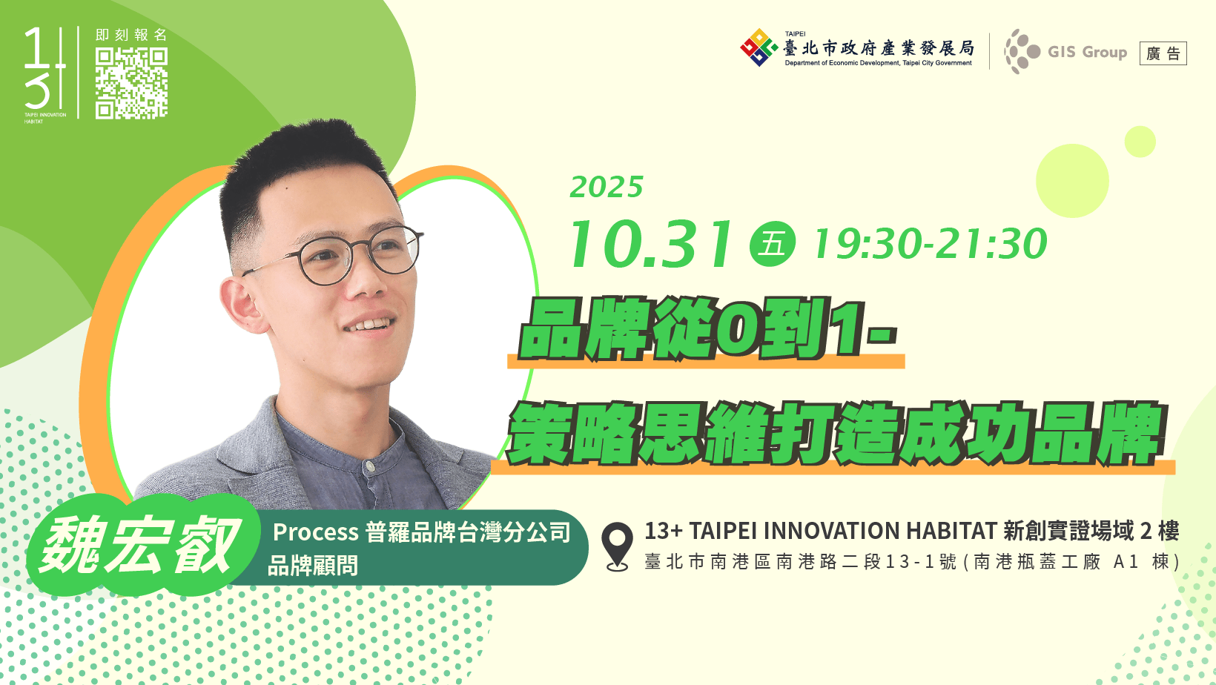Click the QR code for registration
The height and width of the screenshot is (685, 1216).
[x=131, y=83]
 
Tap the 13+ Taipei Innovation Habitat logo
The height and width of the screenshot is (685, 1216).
[x=45, y=75]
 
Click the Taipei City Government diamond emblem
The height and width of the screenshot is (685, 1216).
[x=759, y=47]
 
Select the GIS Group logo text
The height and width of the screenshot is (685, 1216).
[x=1087, y=52]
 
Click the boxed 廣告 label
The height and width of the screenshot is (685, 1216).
[x=1163, y=53]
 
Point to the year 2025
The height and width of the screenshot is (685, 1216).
[x=607, y=188]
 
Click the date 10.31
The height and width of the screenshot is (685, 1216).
[x=650, y=244]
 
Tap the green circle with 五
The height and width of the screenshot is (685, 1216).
[x=772, y=244]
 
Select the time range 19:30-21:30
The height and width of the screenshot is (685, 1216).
[x=930, y=244]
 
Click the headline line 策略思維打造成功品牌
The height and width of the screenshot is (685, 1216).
[x=836, y=433]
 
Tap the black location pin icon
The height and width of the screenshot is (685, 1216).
[x=617, y=546]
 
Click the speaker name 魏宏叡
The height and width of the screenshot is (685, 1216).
[x=141, y=545]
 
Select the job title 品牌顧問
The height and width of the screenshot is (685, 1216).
[x=313, y=566]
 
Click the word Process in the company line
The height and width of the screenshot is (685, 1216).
[x=315, y=532]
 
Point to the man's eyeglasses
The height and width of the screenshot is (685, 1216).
[x=340, y=254]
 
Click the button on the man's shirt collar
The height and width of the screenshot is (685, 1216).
[x=370, y=466]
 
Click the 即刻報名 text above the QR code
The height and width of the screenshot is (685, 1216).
[x=131, y=35]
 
